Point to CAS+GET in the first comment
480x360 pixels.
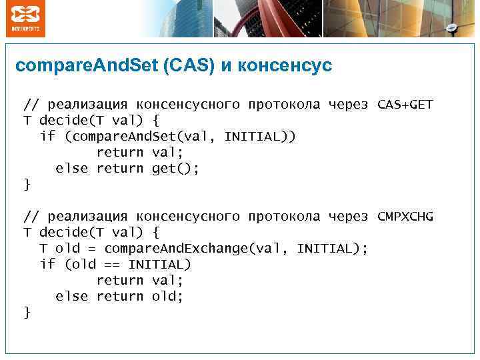pos(405,105)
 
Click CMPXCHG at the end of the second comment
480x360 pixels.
pos(405,217)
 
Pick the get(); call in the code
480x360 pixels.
pos(175,169)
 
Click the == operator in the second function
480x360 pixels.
pos(111,265)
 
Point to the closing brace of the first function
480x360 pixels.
pos(27,185)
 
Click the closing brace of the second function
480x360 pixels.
pos(27,312)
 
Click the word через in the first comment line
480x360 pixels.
pos(348,105)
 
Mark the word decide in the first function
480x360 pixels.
pos(63,121)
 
